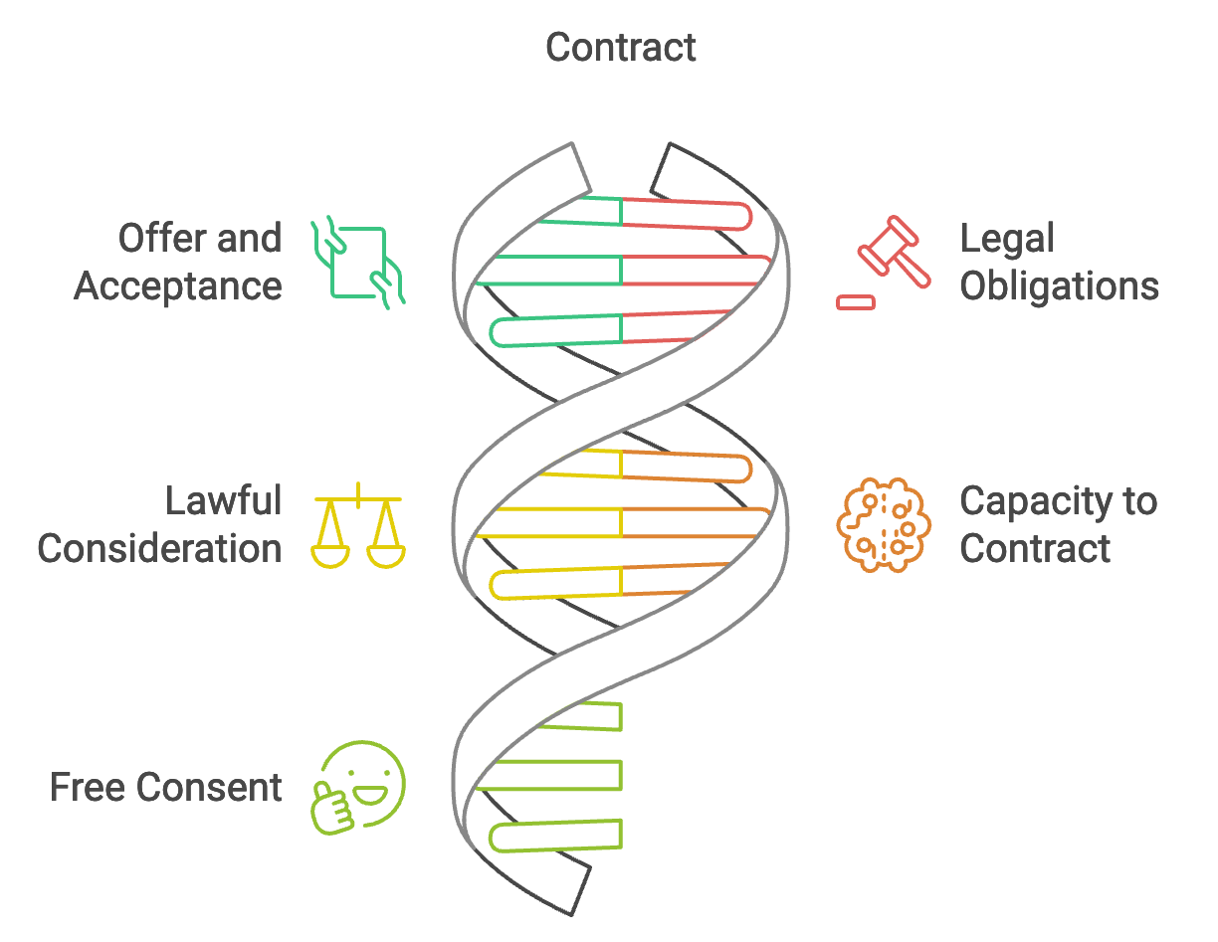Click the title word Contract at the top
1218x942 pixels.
click(621, 48)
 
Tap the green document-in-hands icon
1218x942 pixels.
click(358, 262)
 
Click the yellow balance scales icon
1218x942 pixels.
click(358, 527)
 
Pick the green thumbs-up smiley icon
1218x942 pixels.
click(360, 786)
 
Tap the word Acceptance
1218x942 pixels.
click(178, 286)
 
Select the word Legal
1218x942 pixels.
click(1007, 239)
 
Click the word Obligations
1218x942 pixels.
click(1059, 286)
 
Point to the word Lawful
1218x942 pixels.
click(224, 500)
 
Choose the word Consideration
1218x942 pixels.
click(159, 548)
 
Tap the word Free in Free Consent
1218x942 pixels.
click(88, 788)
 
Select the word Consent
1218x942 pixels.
click(210, 788)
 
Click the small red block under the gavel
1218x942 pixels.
click(856, 301)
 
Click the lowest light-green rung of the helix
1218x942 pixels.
click(557, 836)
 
